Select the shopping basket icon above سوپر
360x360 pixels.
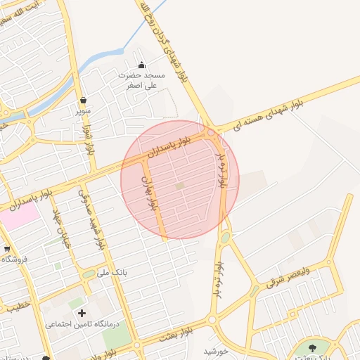pos(84,100)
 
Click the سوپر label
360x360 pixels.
pos(84,111)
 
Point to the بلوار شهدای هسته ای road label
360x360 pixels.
pos(269,114)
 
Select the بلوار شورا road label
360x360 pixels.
pos(89,139)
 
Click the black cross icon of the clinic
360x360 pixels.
pos(82,312)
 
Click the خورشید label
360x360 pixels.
pos(217,351)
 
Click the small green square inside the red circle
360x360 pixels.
pos(180,186)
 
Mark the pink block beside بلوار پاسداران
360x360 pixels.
pos(18,215)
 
